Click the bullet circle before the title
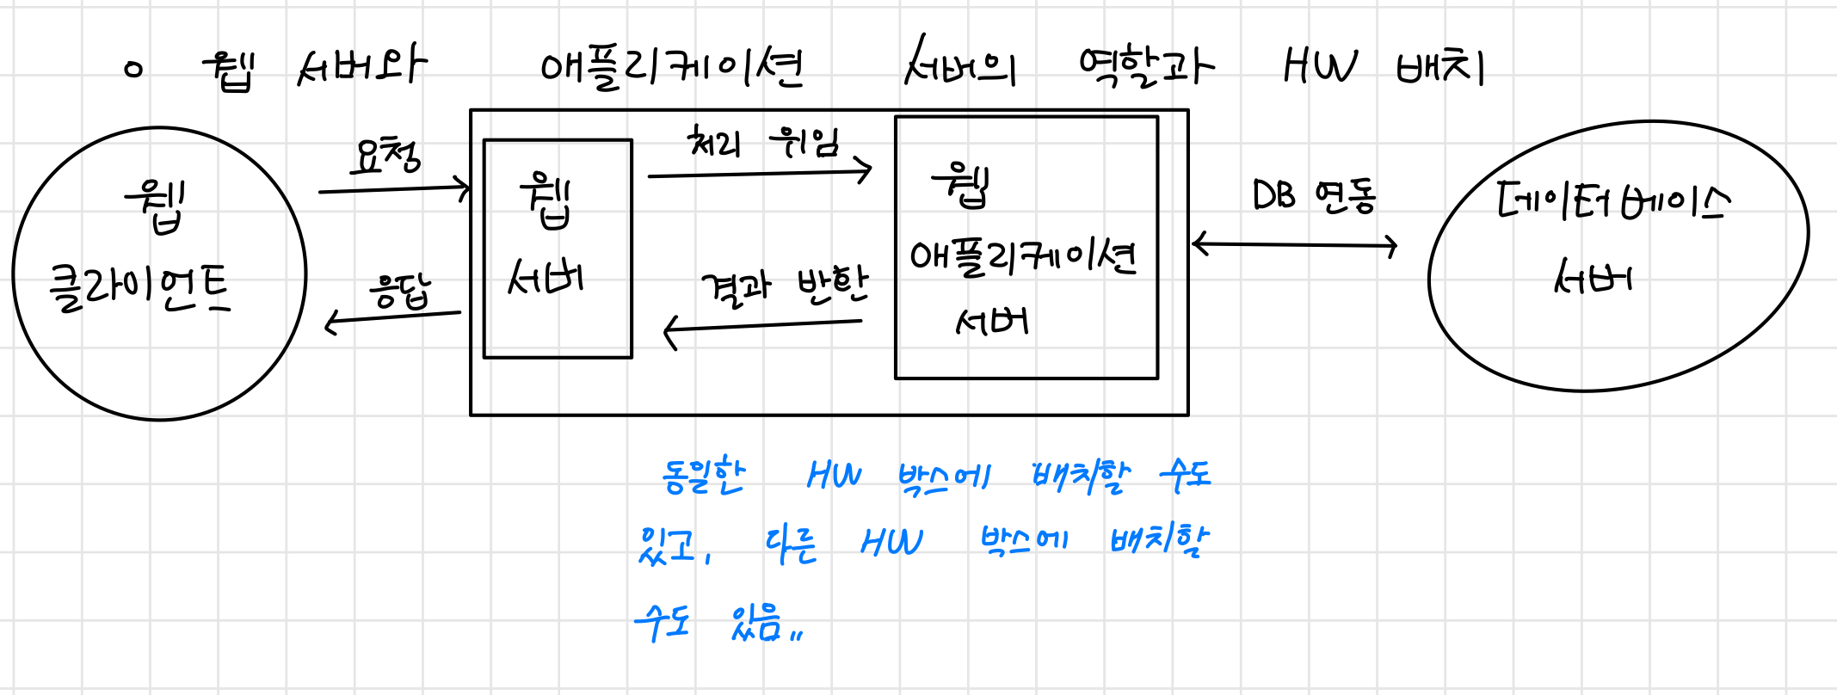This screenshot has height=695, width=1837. (x=133, y=70)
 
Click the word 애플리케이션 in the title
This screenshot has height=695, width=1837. (x=671, y=67)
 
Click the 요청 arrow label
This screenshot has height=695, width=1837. (x=385, y=157)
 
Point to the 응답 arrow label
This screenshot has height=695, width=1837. (x=399, y=292)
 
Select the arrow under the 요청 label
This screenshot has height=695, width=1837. (x=394, y=188)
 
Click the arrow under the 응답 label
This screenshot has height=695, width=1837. (x=392, y=318)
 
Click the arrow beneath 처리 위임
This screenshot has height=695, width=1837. (x=759, y=174)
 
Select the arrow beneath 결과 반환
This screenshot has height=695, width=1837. (x=762, y=326)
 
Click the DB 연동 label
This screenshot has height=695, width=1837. (x=1314, y=196)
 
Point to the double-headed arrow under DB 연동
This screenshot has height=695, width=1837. (x=1294, y=245)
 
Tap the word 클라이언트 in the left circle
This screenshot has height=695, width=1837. (x=140, y=288)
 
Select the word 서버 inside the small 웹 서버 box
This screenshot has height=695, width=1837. (x=546, y=277)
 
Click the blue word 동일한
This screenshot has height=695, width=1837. (x=703, y=476)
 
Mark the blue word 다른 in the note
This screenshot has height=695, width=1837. (x=790, y=544)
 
